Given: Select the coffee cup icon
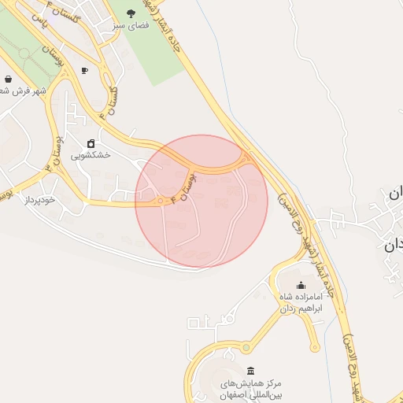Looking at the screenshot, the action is tap(84, 71).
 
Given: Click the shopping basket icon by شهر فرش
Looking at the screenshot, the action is tap(8, 79).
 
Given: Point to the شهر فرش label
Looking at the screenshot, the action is tap(24, 91).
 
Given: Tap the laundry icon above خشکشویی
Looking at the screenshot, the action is tap(91, 143).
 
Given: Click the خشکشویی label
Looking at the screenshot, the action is tap(91, 156).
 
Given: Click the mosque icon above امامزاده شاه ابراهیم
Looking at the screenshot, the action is tap(301, 286).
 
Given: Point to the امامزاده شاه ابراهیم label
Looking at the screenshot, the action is tap(300, 303).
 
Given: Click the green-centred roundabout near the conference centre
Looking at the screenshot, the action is tap(246, 347).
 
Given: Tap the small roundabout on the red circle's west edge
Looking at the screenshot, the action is tap(161, 201).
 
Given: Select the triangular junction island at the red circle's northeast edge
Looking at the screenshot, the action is tap(249, 158).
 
